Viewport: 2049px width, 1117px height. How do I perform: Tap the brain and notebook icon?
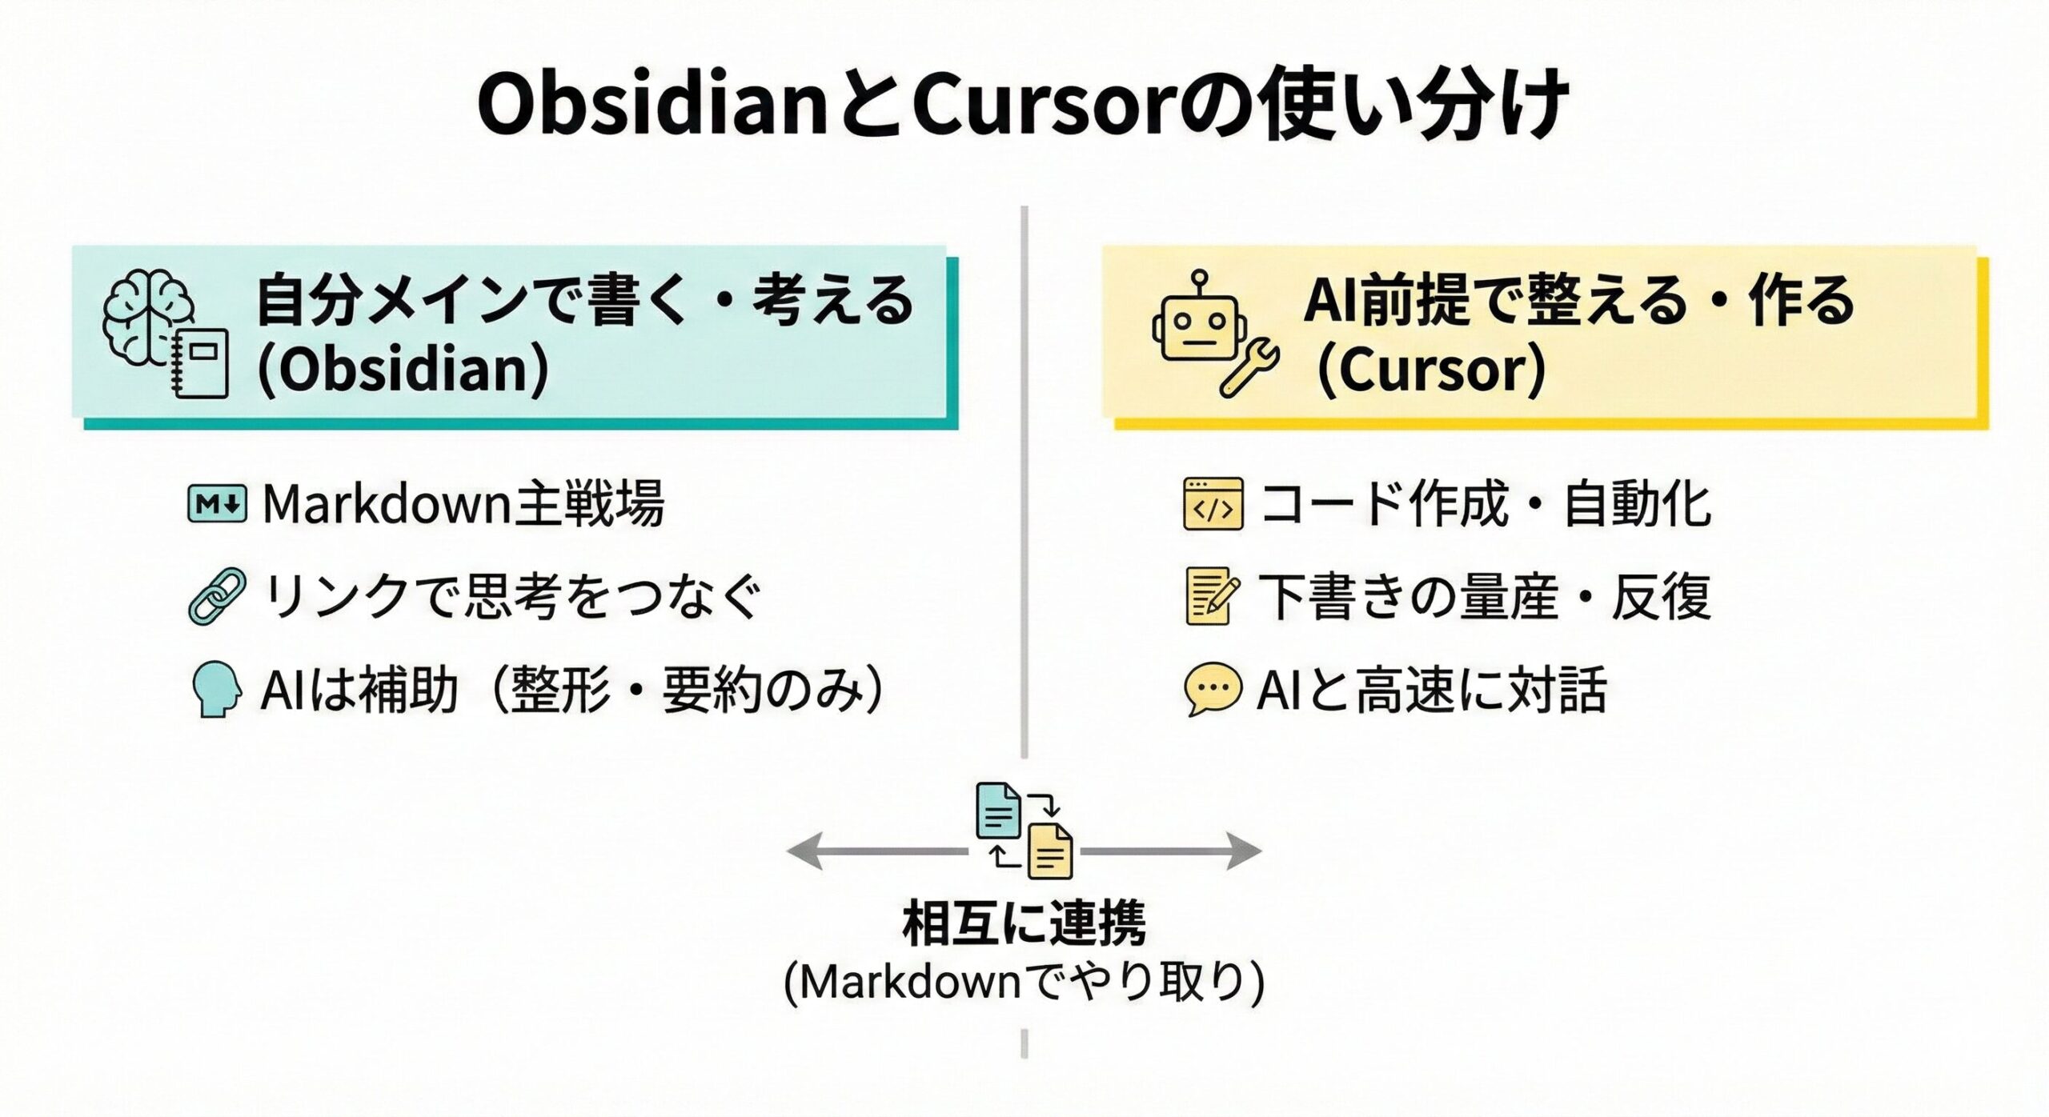pyautogui.click(x=166, y=333)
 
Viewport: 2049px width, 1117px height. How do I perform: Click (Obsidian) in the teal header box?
pyautogui.click(x=403, y=369)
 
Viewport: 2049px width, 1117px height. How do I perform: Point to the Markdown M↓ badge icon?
pyautogui.click(x=217, y=504)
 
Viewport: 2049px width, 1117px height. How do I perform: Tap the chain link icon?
pyautogui.click(x=217, y=596)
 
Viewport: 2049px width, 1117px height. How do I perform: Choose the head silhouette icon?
pyautogui.click(x=217, y=689)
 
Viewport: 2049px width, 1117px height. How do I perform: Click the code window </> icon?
pyautogui.click(x=1213, y=504)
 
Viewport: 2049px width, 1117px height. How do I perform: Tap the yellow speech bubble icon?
pyautogui.click(x=1213, y=689)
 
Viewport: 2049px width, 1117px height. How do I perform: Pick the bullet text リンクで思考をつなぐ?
pyautogui.click(x=511, y=596)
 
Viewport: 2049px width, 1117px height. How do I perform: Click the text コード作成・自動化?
pyautogui.click(x=1486, y=504)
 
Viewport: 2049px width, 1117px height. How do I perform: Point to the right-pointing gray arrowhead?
pyautogui.click(x=1245, y=851)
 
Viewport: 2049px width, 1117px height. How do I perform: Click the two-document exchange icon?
pyautogui.click(x=1024, y=831)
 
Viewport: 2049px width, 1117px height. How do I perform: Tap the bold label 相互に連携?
pyautogui.click(x=1024, y=924)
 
